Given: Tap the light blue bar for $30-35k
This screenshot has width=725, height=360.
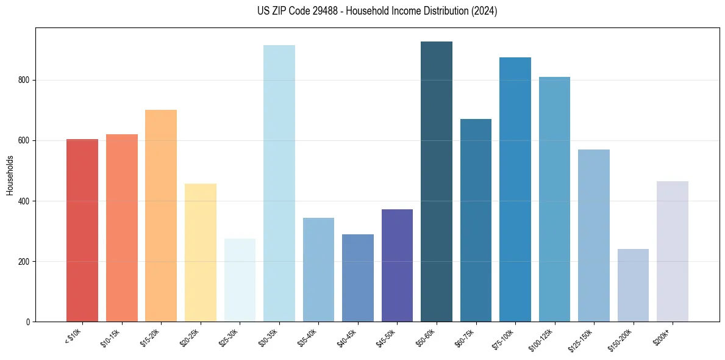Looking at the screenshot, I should click(x=279, y=183).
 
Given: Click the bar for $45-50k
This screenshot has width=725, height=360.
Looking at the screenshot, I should click(x=397, y=265).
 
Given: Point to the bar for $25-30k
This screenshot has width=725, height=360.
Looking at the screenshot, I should click(x=240, y=280).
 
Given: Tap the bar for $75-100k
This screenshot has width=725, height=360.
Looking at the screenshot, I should click(x=515, y=189).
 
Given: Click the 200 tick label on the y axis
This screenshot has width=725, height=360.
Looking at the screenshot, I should click(x=24, y=261).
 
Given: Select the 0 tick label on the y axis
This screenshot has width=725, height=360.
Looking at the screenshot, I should click(x=28, y=322).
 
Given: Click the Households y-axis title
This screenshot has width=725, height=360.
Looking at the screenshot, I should click(x=10, y=175).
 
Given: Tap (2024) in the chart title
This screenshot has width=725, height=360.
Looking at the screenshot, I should click(x=485, y=11).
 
